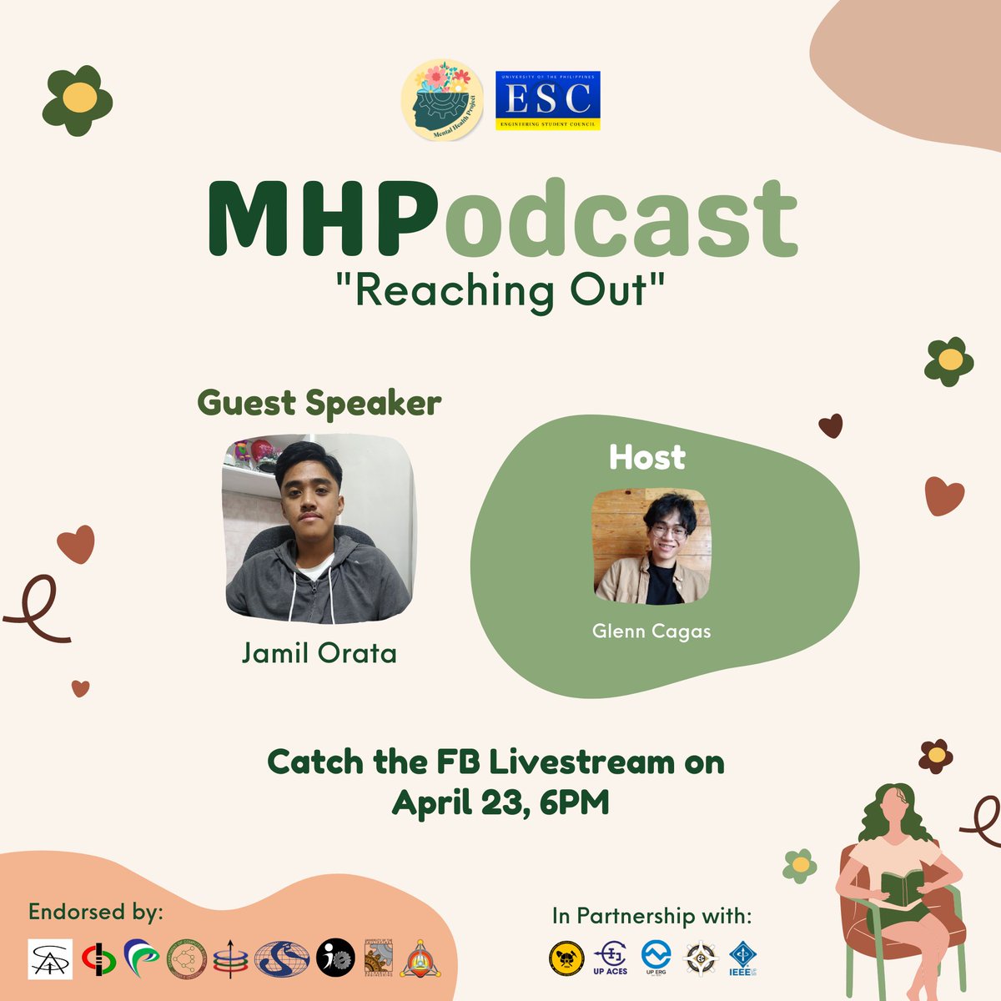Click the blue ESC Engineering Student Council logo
pos(547,100)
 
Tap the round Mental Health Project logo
pos(442,98)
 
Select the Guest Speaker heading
pos(319,403)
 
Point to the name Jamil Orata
pos(319,652)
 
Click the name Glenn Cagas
pos(651,631)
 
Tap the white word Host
pos(647,457)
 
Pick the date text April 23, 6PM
pos(500,802)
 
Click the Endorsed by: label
pos(96,912)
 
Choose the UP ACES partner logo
pos(610,958)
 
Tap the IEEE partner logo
pos(742,958)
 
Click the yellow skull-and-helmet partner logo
pos(566,958)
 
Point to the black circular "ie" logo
pos(335,958)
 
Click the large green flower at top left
pos(78,99)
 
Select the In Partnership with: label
pos(651,916)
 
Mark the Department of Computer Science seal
pos(186,958)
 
